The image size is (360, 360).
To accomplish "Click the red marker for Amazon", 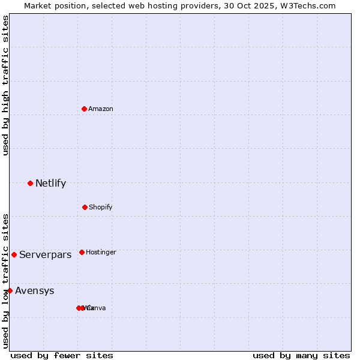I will (84, 109).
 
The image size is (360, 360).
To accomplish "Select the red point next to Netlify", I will (30, 183).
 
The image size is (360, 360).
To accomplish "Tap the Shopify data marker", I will (85, 207).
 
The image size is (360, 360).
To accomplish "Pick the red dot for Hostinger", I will (82, 252).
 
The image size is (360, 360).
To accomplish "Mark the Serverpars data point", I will (14, 254).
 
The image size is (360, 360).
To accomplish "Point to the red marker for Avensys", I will (10, 290).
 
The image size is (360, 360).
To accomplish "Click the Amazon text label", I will (101, 109).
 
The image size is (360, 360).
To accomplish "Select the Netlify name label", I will (50, 183).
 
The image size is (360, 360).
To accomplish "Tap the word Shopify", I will (101, 207).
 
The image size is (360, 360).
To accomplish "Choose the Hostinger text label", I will (101, 252).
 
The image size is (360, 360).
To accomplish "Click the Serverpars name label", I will (45, 254).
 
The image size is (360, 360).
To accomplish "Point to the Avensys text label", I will (34, 291).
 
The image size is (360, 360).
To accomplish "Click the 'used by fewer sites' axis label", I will (62, 355).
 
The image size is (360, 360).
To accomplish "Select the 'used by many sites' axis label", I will (301, 355).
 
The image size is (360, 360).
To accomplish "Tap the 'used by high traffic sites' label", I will (5, 85).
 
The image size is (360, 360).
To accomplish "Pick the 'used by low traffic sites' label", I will (5, 281).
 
